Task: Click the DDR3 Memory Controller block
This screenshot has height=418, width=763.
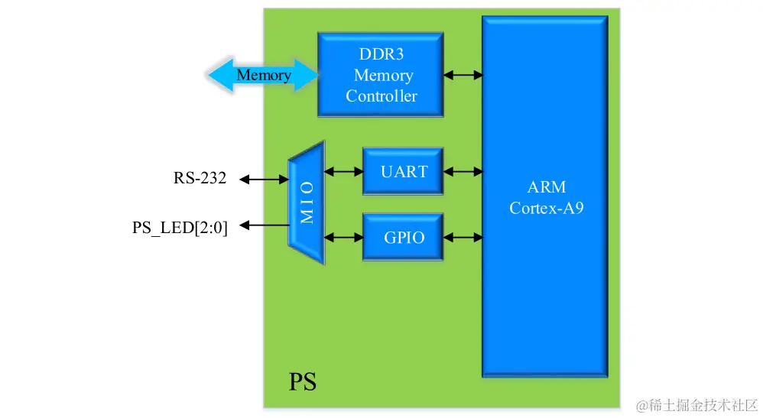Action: (x=381, y=74)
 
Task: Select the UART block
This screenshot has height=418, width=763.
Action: (x=403, y=171)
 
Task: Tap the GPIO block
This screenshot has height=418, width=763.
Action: (x=403, y=237)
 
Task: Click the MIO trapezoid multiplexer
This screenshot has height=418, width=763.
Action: (x=307, y=203)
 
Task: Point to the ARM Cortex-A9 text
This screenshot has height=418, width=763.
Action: (x=546, y=198)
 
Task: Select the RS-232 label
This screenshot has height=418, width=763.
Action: (x=200, y=179)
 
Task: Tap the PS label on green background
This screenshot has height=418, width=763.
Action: (x=303, y=381)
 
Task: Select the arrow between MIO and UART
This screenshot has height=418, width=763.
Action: (x=344, y=171)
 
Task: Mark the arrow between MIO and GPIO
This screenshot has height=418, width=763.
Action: (x=344, y=237)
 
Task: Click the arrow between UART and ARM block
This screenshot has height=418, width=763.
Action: (x=463, y=171)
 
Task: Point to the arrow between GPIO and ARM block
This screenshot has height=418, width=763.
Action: (x=463, y=237)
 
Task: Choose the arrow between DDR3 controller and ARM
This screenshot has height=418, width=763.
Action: (x=463, y=75)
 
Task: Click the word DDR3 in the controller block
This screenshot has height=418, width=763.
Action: (x=381, y=54)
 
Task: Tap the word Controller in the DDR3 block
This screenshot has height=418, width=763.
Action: (x=381, y=96)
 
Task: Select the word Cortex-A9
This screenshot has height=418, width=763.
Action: (x=546, y=208)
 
